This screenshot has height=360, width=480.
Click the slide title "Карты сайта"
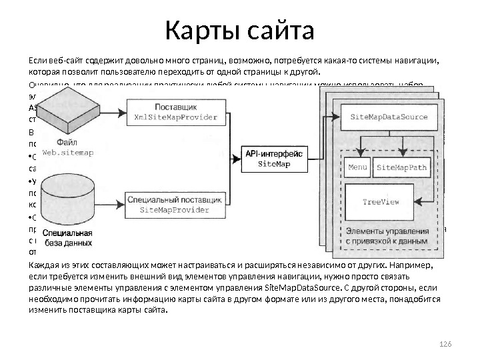(x=239, y=30)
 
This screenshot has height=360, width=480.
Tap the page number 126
(x=446, y=343)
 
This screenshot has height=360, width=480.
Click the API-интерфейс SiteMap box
(x=274, y=159)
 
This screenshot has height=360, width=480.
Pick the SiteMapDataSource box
(x=389, y=116)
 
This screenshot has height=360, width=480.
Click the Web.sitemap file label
(x=68, y=152)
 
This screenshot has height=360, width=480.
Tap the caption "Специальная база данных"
(x=67, y=238)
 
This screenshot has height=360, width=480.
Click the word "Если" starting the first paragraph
(x=37, y=61)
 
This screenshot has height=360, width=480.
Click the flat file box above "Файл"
(x=69, y=110)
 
